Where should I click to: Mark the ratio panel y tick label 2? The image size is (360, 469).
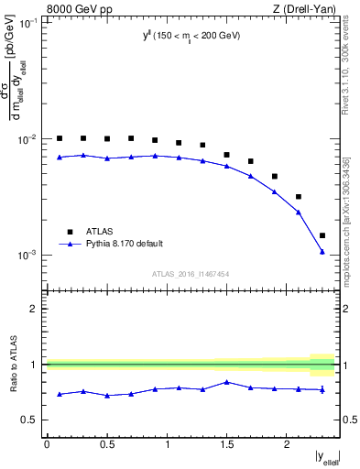[x=35, y=309]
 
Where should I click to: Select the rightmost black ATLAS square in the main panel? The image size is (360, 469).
[x=322, y=235]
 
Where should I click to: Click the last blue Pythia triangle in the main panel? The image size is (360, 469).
[x=322, y=251]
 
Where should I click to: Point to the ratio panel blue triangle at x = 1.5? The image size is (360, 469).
[x=226, y=382]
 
